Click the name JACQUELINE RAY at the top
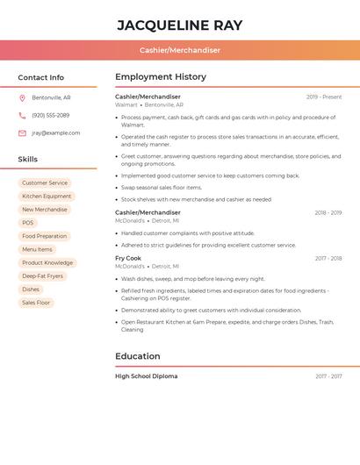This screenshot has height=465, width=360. pyautogui.click(x=179, y=25)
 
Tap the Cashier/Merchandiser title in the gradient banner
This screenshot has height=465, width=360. pyautogui.click(x=179, y=50)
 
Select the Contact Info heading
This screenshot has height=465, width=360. pyautogui.click(x=40, y=77)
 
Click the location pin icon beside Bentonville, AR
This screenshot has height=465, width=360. pyautogui.click(x=22, y=97)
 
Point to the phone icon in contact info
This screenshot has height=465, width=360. pyautogui.click(x=22, y=115)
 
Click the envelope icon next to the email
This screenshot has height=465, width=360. pyautogui.click(x=22, y=133)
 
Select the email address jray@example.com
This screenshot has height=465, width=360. pyautogui.click(x=55, y=133)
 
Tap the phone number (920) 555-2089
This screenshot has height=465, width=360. pyautogui.click(x=50, y=115)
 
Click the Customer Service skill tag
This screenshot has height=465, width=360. pyautogui.click(x=45, y=182)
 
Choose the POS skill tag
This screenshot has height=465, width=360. pyautogui.click(x=28, y=223)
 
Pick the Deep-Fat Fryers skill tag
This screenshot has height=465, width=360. pyautogui.click(x=42, y=275)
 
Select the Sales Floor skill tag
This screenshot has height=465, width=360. pyautogui.click(x=36, y=303)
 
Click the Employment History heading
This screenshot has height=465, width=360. pyautogui.click(x=161, y=77)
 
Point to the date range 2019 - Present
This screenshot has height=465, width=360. pyautogui.click(x=324, y=97)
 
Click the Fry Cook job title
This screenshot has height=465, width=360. pyautogui.click(x=128, y=259)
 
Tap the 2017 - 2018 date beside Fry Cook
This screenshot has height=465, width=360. pyautogui.click(x=328, y=259)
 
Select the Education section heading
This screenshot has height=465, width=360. pyautogui.click(x=138, y=356)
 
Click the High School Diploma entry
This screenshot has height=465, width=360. pyautogui.click(x=146, y=376)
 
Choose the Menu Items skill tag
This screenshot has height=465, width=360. pyautogui.click(x=37, y=249)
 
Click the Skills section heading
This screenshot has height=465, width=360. pyautogui.click(x=28, y=160)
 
